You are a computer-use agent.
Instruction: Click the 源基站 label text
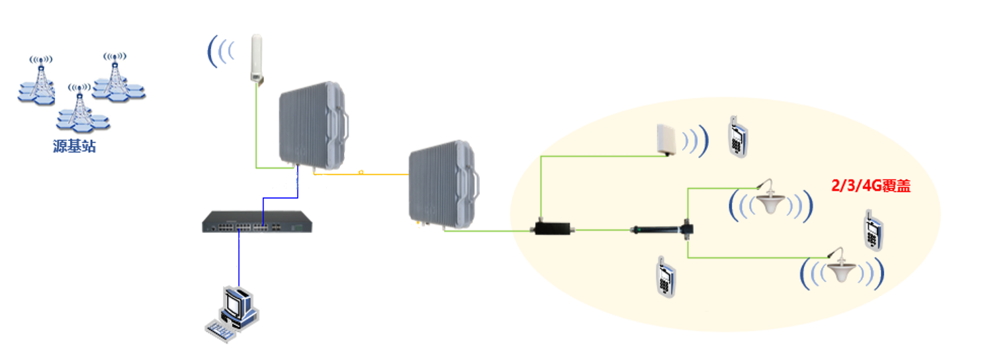click(74, 147)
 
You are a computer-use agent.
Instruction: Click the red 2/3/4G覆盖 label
click(872, 187)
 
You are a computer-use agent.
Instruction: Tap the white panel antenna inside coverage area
click(668, 138)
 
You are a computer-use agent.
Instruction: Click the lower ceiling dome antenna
click(842, 269)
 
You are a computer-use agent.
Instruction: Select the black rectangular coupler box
click(553, 230)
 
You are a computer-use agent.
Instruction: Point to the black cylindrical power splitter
click(655, 230)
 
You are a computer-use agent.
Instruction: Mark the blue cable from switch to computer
click(239, 258)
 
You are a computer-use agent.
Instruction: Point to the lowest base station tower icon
click(79, 109)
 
